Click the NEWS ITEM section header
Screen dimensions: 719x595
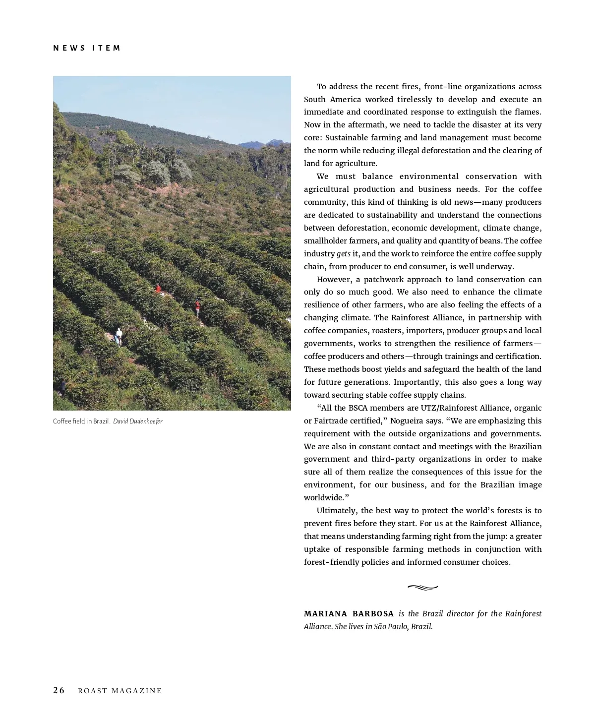point(87,48)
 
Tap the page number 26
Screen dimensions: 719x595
point(59,691)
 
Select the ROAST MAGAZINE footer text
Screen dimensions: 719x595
point(120,691)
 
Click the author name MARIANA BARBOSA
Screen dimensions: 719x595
point(349,614)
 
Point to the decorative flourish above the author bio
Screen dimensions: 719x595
point(422,588)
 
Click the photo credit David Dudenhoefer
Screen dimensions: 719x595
point(138,421)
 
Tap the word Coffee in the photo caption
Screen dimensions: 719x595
point(62,421)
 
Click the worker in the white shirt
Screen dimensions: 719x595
point(119,336)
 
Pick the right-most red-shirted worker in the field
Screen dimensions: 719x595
point(197,307)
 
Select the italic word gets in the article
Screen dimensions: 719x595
point(344,254)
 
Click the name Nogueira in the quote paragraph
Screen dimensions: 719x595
point(408,421)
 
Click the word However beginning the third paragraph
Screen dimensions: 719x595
point(335,280)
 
